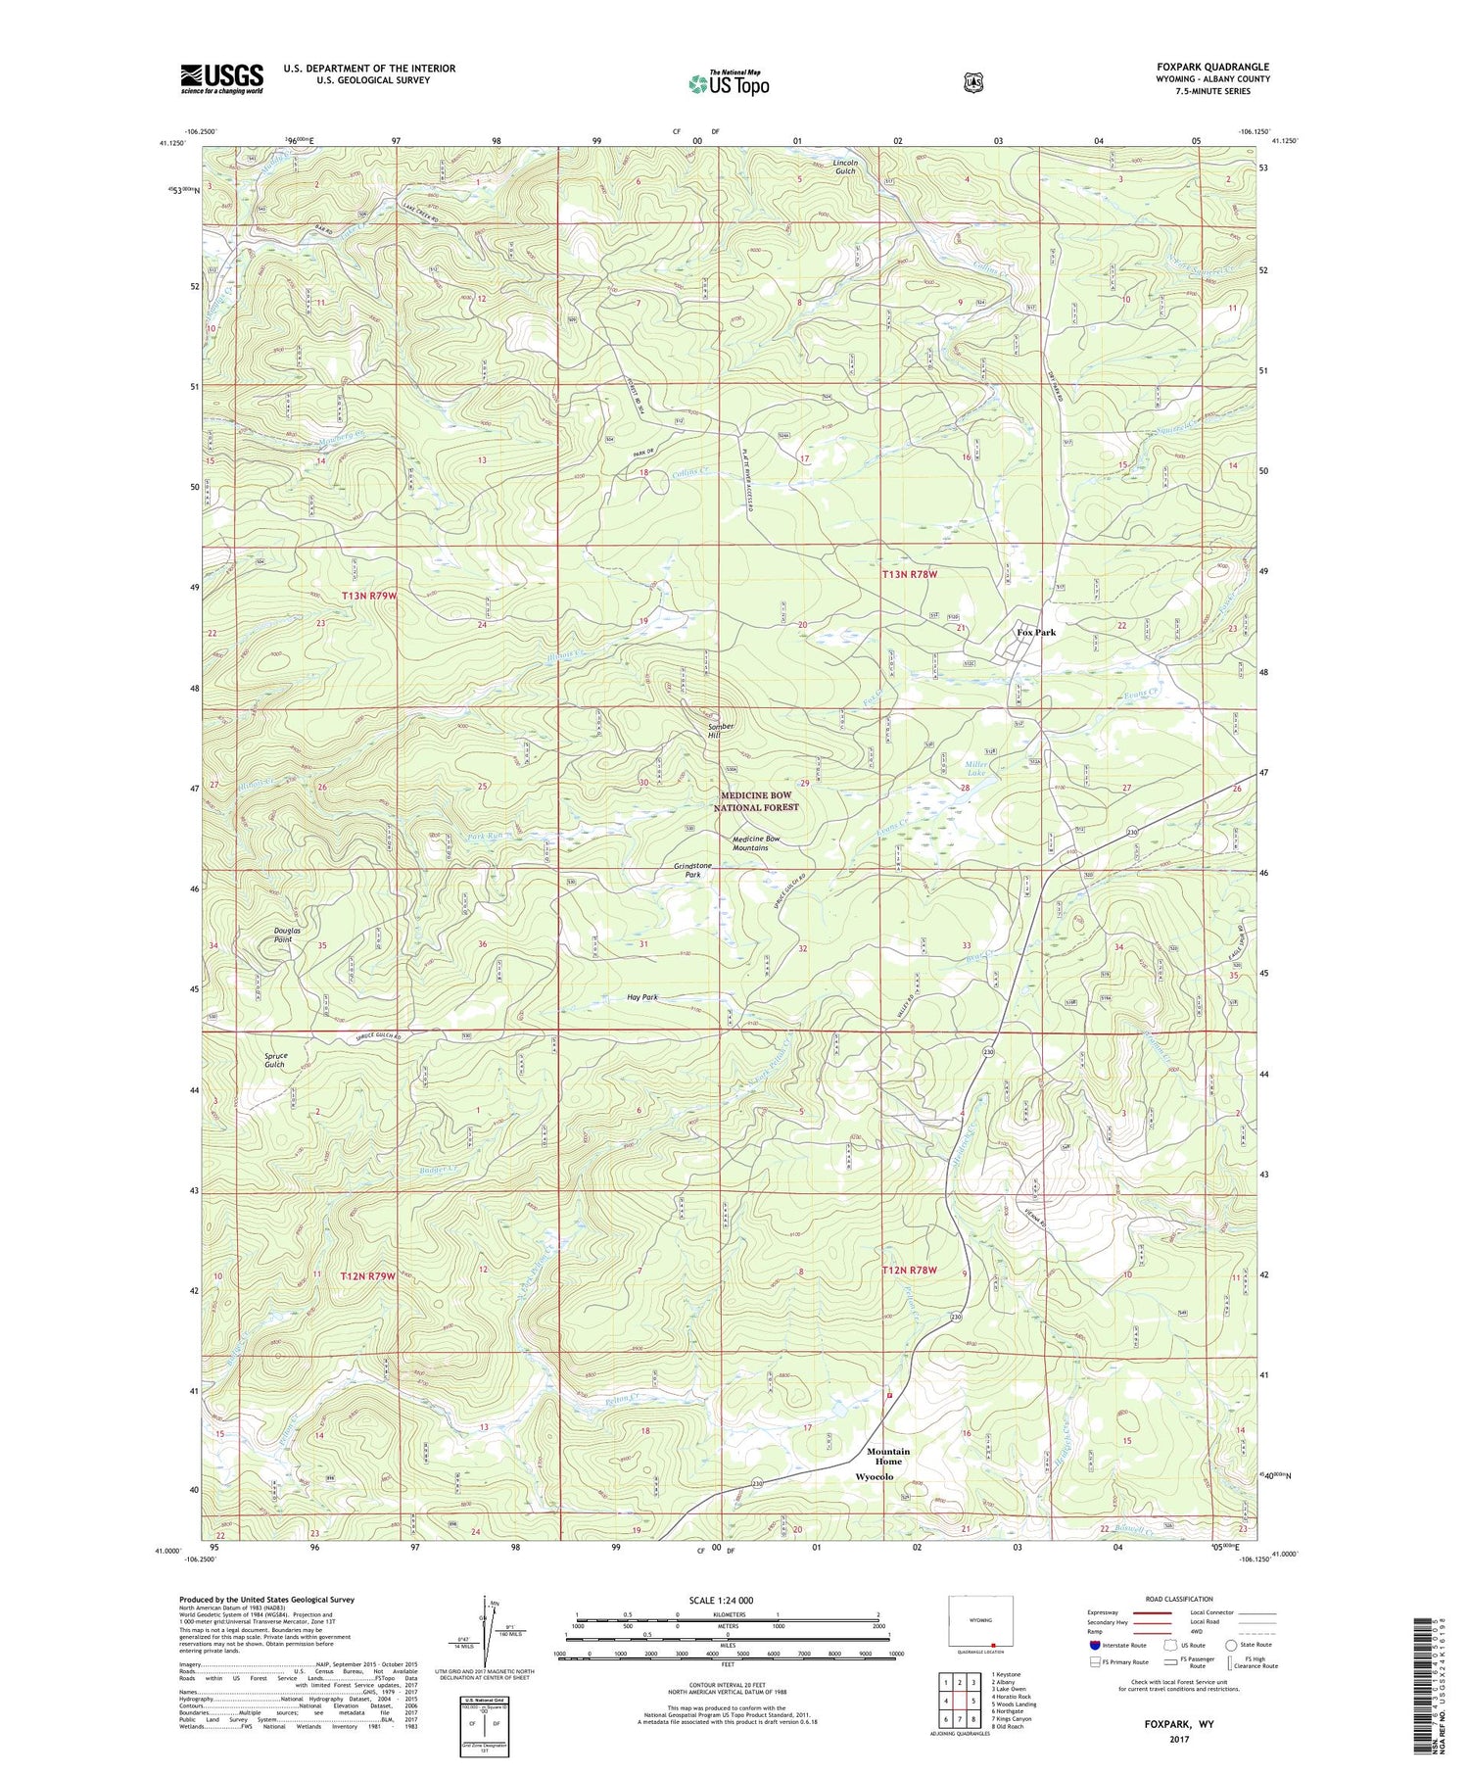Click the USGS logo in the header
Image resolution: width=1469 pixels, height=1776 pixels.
(222, 78)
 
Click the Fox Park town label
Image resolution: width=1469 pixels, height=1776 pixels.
(1036, 633)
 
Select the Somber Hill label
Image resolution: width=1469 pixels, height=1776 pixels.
(722, 731)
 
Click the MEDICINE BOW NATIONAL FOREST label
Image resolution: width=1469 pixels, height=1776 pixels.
(759, 801)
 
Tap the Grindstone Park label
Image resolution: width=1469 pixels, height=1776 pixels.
(693, 870)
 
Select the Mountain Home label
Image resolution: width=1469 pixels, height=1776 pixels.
(888, 1456)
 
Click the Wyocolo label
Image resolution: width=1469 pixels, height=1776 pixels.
(875, 1476)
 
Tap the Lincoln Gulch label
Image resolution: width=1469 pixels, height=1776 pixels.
(845, 167)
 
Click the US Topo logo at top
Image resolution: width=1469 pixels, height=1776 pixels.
(729, 83)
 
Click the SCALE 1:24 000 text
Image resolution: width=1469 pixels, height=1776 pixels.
(728, 1600)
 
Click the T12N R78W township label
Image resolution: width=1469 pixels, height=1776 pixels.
(910, 1271)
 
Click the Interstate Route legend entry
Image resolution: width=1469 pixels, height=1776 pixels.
(1118, 1645)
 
